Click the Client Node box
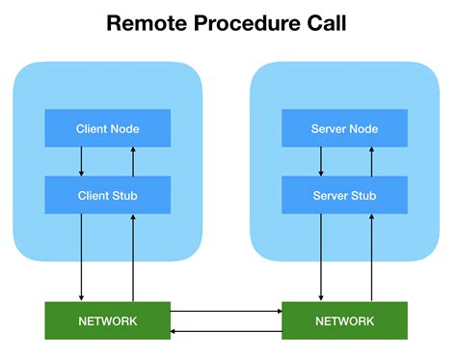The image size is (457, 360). [108, 128]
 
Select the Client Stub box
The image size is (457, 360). [108, 195]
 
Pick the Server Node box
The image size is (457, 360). [344, 128]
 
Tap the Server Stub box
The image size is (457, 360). [344, 195]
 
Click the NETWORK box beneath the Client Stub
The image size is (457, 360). [108, 320]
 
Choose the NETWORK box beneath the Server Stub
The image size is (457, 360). [344, 320]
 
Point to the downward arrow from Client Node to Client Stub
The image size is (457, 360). [82, 161]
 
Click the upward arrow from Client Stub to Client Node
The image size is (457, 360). [133, 161]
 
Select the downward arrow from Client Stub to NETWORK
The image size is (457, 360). [82, 257]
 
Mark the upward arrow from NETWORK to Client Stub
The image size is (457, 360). [133, 257]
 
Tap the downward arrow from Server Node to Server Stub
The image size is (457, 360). [319, 161]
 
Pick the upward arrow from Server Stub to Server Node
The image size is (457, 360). [370, 161]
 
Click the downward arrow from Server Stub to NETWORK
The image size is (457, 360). [319, 257]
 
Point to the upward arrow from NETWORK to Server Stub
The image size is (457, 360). [370, 257]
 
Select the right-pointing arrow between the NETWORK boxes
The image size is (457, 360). [226, 312]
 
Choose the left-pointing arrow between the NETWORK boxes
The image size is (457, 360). [226, 330]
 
